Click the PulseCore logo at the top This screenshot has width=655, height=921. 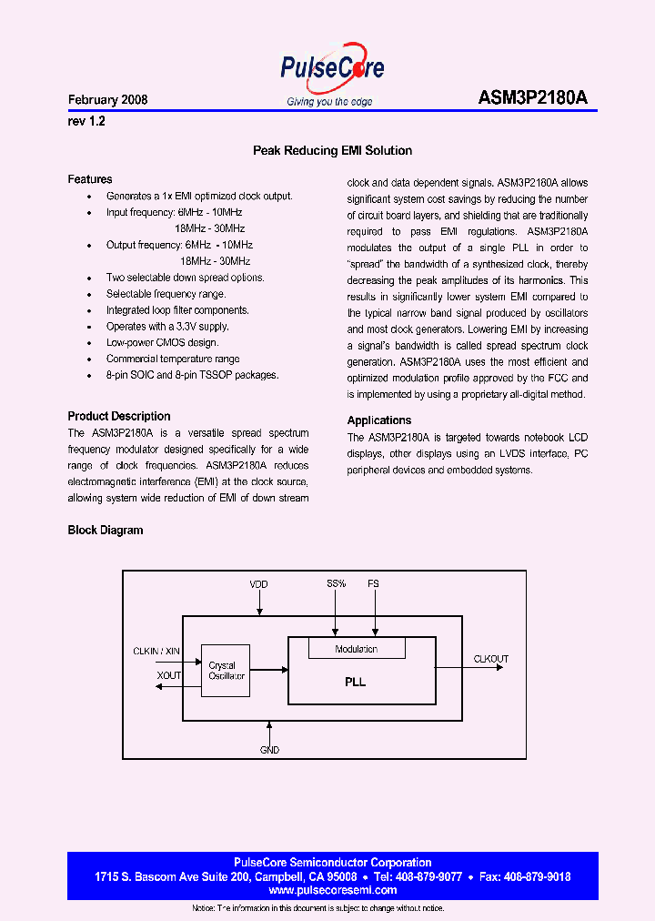coord(331,69)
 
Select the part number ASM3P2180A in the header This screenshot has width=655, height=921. coord(538,99)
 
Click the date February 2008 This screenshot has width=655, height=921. coord(107,100)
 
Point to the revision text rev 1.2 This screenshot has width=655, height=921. coord(86,120)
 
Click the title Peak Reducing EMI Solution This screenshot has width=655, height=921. coord(332,151)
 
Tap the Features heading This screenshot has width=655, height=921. coord(90,179)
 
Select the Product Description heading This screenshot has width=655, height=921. coord(119,416)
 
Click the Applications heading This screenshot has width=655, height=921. coord(379,420)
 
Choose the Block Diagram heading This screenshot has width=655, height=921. coord(106,530)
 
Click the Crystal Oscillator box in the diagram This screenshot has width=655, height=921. coord(224,671)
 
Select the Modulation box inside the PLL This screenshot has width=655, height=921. coord(357,649)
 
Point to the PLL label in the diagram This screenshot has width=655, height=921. coord(356,682)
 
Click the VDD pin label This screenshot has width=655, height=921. coord(259,583)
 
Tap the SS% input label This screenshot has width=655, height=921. coord(336,583)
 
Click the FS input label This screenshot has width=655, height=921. coord(373,583)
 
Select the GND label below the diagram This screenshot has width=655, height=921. coord(270,750)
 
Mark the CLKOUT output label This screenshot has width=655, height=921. coord(490,659)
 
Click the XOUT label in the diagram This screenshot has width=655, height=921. coord(169,675)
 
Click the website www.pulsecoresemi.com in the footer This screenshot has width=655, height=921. coord(333,890)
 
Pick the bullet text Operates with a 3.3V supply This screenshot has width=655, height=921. coord(167,326)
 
